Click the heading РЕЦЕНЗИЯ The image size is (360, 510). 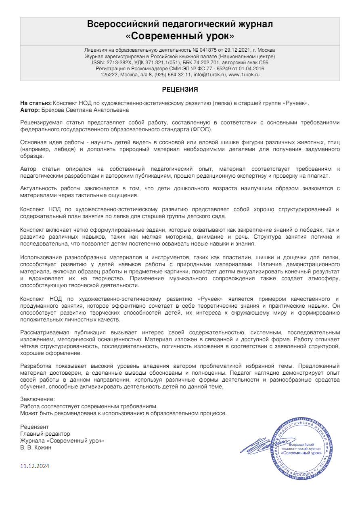[180, 89]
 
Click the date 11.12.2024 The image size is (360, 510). [35, 466]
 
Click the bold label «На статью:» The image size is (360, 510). [36, 103]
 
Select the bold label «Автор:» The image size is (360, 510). [30, 110]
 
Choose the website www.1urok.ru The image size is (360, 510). [244, 75]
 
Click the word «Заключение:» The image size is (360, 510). [37, 399]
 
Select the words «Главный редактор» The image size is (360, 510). [45, 434]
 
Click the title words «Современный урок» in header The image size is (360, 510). [180, 36]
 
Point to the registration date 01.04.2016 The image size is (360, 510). [251, 69]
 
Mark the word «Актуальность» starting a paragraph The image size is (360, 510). [39, 188]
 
